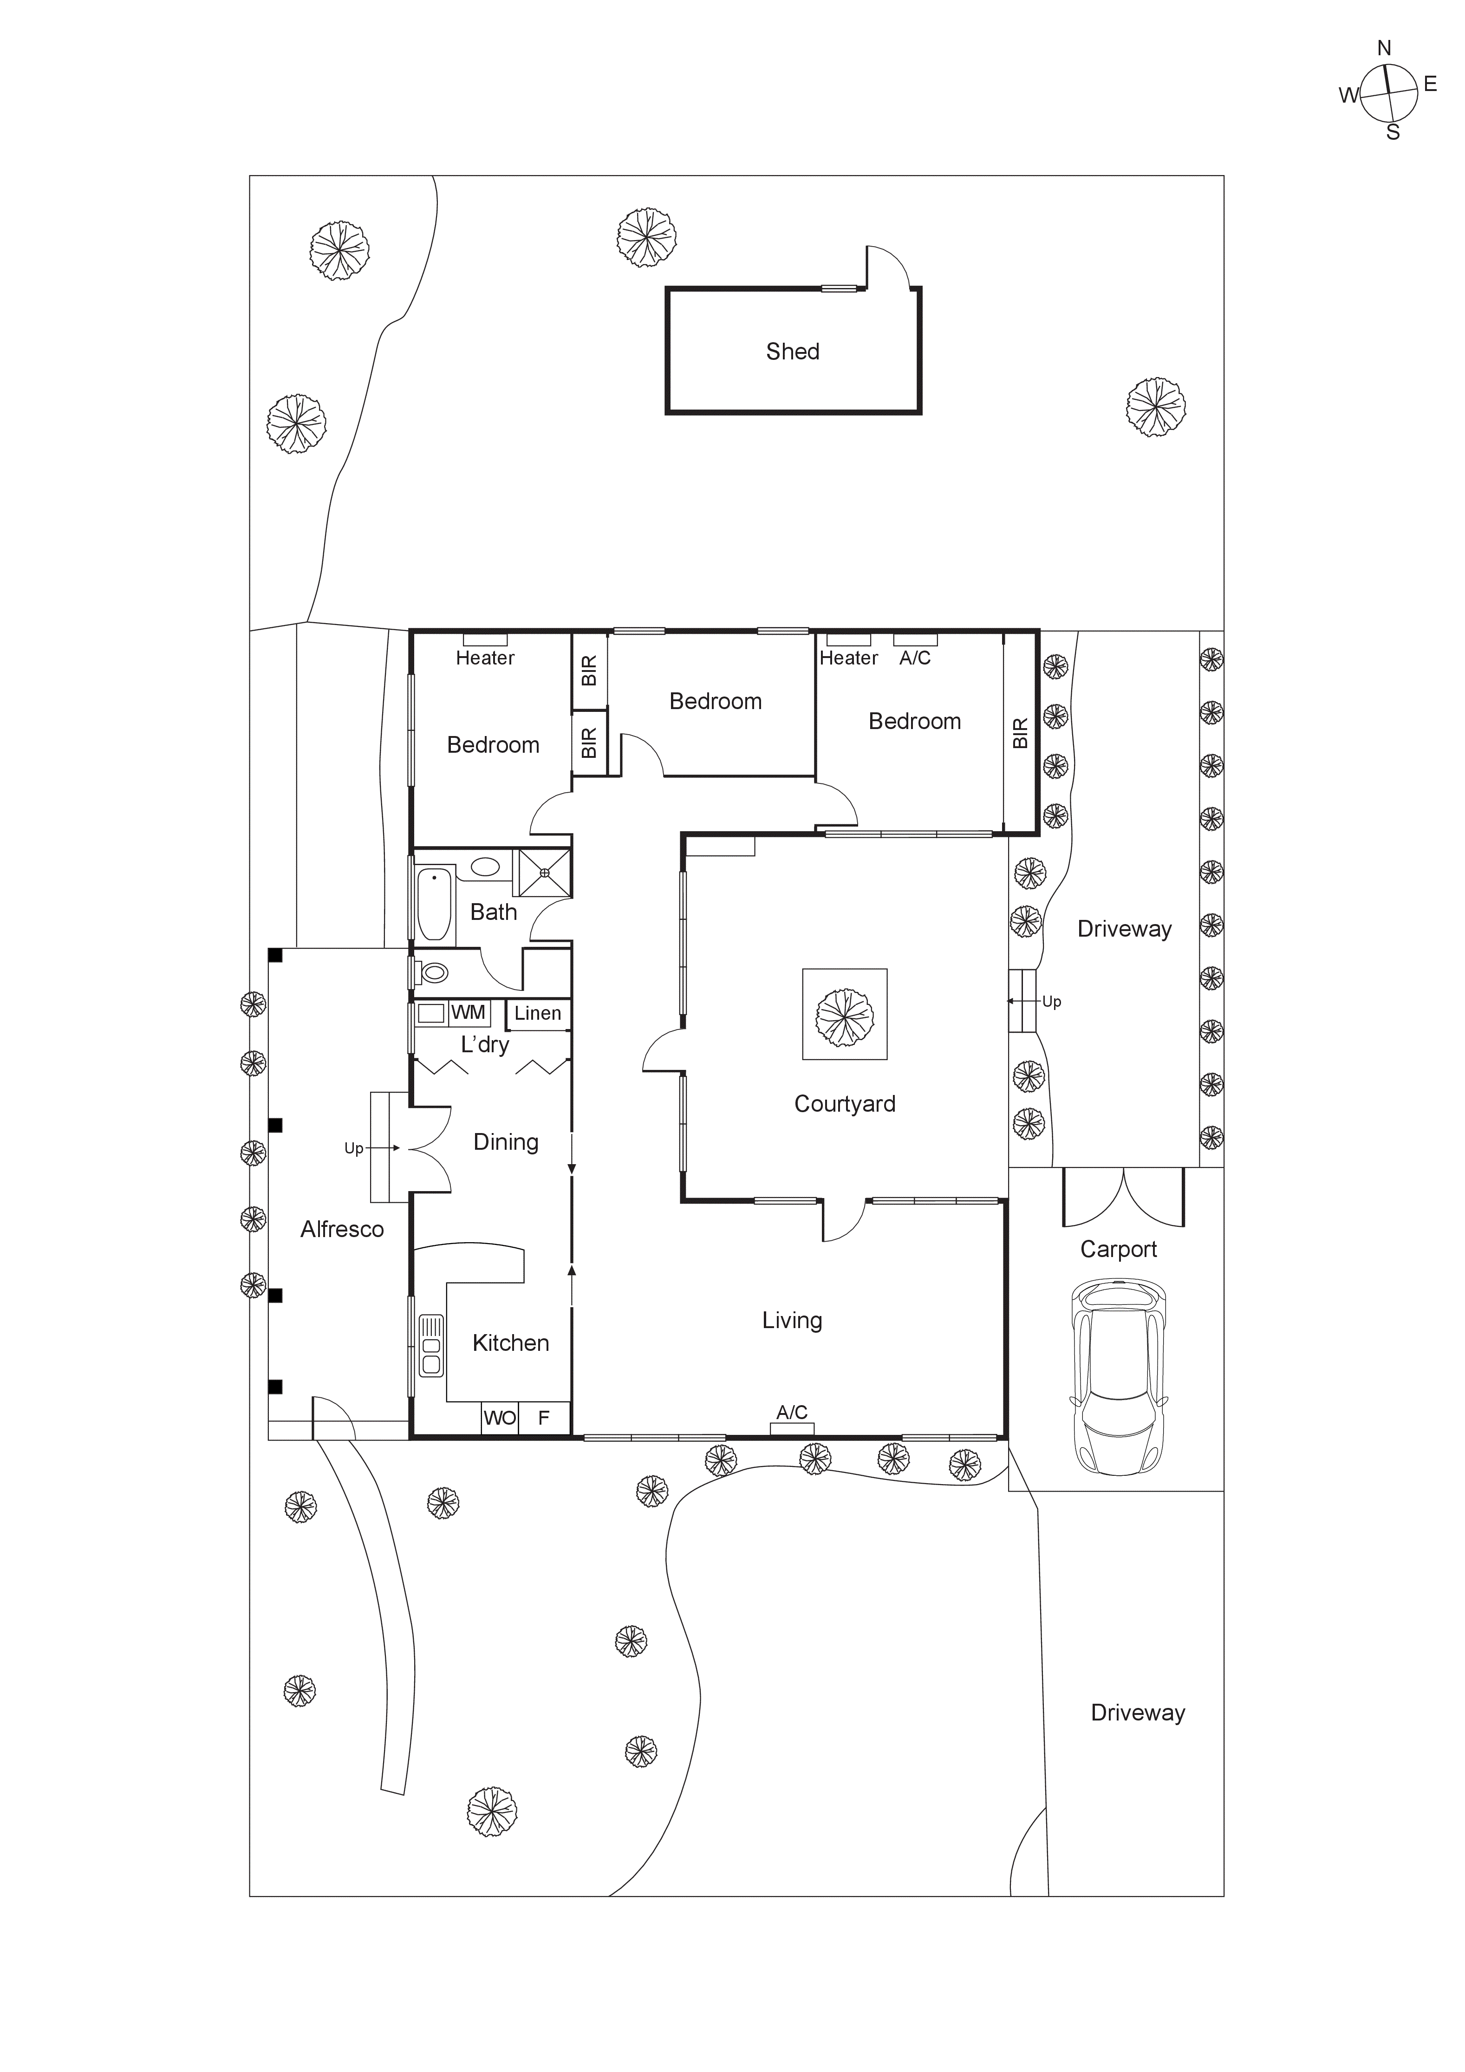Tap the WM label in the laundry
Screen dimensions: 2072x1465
[468, 1012]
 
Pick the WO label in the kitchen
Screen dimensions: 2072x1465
[499, 1418]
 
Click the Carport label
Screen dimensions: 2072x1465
[1119, 1249]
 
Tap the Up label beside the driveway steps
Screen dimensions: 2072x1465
[1052, 1002]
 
